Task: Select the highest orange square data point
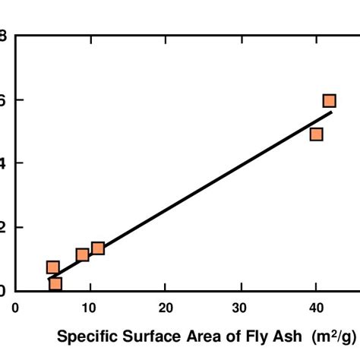point(329,101)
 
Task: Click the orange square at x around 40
point(316,134)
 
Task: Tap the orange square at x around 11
point(98,248)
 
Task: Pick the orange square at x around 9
point(83,254)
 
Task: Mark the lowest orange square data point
point(55,284)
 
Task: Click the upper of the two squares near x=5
point(52,267)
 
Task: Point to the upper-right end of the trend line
point(332,112)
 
